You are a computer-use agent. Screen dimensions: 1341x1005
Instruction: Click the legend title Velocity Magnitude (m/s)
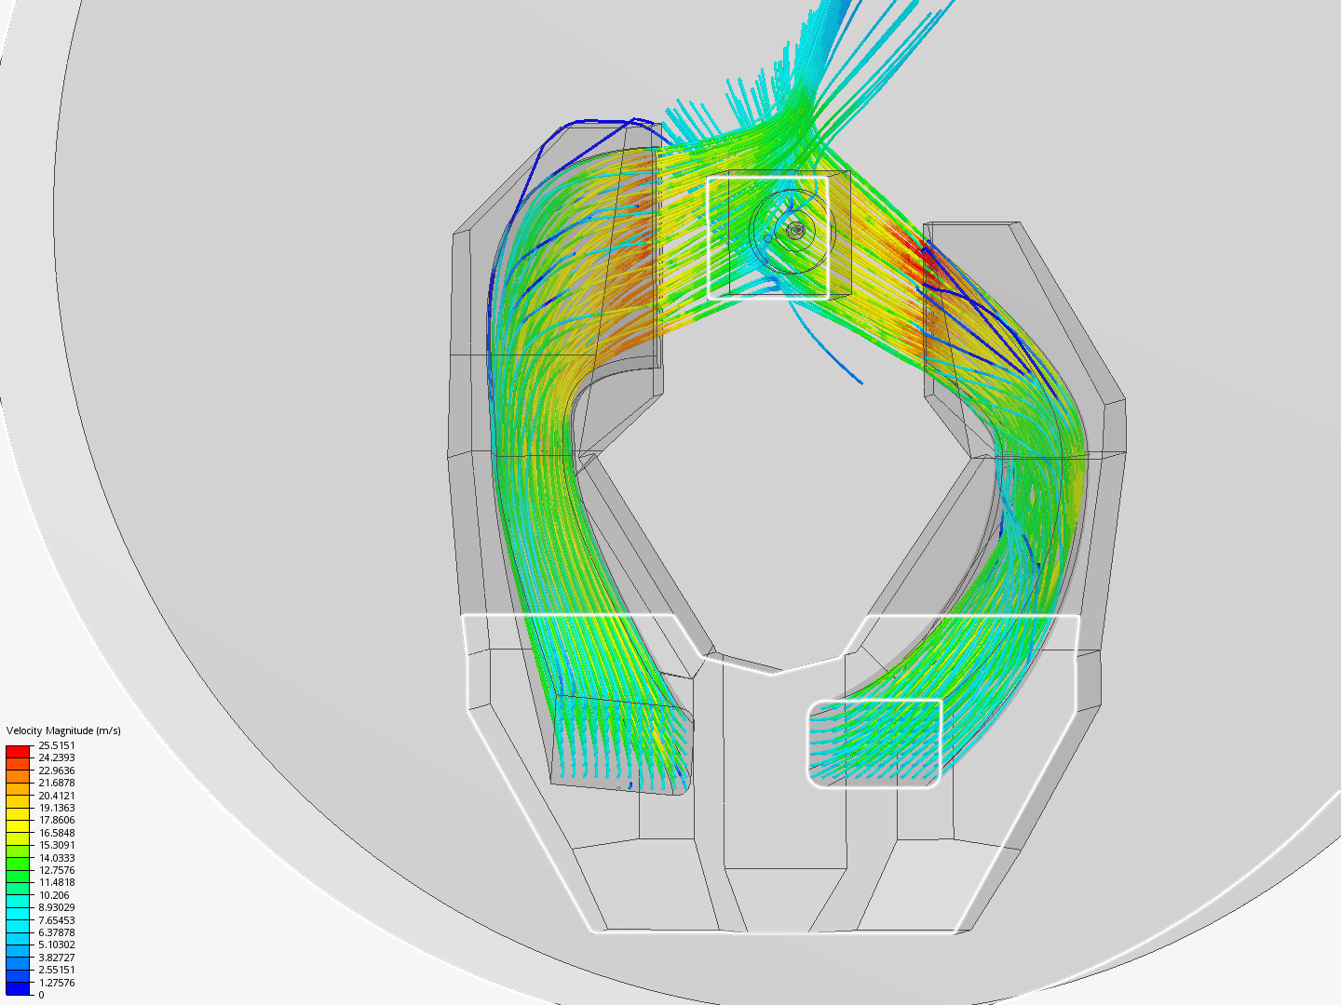(63, 730)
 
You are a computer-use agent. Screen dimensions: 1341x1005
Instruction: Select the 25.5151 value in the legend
(57, 745)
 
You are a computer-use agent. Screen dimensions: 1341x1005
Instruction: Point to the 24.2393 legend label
(57, 757)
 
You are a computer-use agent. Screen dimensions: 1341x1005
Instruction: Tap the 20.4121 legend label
(57, 795)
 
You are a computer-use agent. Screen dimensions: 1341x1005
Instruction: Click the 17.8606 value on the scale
(57, 820)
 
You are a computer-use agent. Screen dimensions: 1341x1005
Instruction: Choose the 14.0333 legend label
(57, 857)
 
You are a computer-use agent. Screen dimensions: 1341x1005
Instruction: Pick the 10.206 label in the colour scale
(54, 895)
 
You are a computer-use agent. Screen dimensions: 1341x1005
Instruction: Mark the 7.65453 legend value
(57, 920)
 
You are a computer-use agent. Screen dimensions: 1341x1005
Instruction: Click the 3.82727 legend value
(57, 958)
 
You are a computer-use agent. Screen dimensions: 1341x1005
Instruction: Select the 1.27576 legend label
(57, 983)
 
